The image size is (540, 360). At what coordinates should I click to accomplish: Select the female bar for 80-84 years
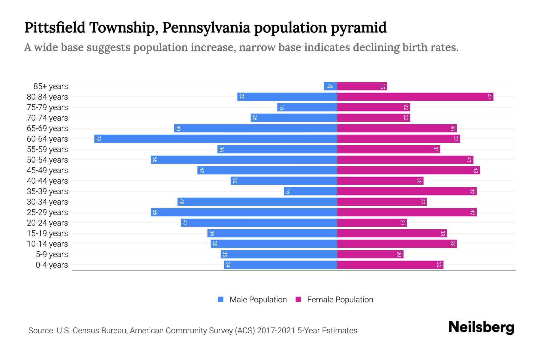coord(415,97)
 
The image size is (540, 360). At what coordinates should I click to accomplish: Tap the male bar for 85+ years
coord(330,86)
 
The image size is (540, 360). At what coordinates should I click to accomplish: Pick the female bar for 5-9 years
coord(370,254)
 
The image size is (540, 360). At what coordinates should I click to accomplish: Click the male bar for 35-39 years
coord(310,191)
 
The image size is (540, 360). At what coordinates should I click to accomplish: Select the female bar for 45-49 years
coord(408,170)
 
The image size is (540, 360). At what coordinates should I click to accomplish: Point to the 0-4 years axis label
coord(52,265)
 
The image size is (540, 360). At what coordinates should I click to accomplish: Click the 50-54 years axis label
coord(47,160)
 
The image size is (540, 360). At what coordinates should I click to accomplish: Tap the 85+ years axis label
coord(51,86)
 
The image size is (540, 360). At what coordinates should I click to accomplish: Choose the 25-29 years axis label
coord(47,212)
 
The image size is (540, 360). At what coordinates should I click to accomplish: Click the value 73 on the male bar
coord(98,139)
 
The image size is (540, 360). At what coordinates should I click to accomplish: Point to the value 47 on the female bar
coord(489,97)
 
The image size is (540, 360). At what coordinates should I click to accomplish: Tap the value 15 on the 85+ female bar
coord(382,86)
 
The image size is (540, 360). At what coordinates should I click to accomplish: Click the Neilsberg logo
coord(481,327)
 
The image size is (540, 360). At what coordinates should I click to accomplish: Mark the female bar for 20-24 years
coord(372,223)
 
